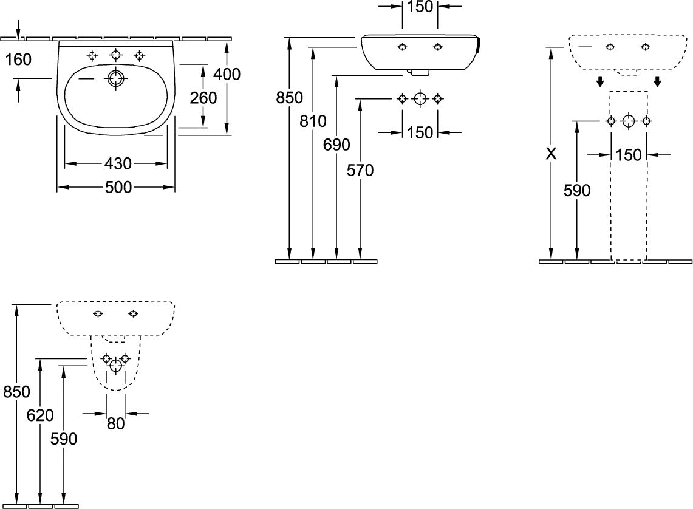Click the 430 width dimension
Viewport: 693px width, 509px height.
(118, 164)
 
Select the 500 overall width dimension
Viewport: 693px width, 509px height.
(118, 187)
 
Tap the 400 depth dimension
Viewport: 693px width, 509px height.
(227, 74)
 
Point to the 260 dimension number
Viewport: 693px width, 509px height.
(203, 98)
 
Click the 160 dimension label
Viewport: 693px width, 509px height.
(18, 59)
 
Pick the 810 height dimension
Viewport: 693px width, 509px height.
(313, 121)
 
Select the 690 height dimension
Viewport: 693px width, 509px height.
(336, 145)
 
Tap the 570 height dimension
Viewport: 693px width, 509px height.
(360, 170)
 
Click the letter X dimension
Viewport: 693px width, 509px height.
(551, 154)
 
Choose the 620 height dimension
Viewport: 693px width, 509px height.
(40, 415)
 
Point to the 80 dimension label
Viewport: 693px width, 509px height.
(116, 424)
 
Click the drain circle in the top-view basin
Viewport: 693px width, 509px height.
(116, 78)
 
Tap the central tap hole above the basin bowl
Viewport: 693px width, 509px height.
(116, 55)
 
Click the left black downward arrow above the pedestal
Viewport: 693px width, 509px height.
(600, 81)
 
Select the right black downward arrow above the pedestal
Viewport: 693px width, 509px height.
(658, 81)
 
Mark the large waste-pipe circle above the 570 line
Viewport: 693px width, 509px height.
(420, 98)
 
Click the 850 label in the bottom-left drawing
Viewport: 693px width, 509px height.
(16, 392)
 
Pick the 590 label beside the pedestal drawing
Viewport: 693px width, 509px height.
(577, 191)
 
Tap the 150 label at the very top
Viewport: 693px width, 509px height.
(420, 7)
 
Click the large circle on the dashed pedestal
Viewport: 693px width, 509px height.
(629, 121)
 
